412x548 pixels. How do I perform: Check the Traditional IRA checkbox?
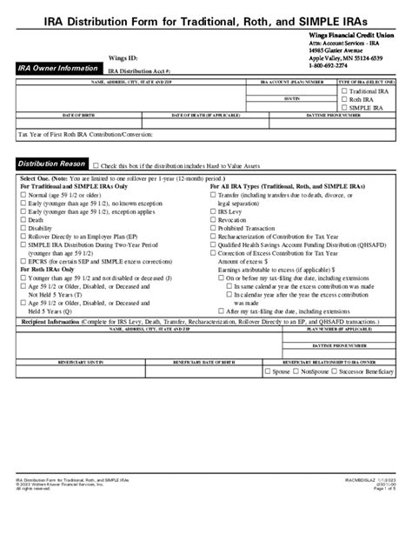pyautogui.click(x=342, y=91)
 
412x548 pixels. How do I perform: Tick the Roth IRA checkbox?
pyautogui.click(x=342, y=101)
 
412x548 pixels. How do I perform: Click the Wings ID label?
pyautogui.click(x=124, y=57)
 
